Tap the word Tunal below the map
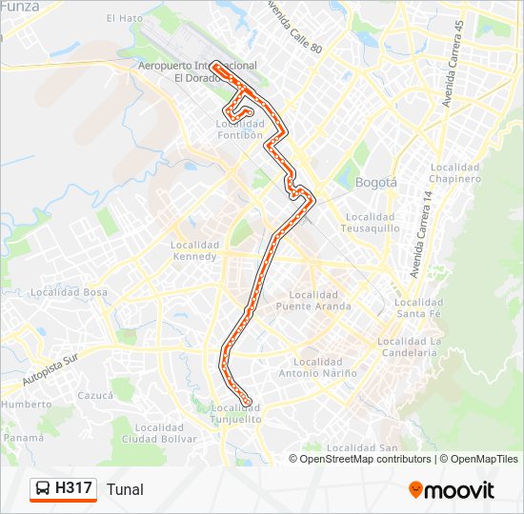click(125, 489)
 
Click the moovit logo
click(452, 490)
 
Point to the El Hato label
click(125, 18)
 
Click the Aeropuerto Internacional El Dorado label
click(197, 71)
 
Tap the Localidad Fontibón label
click(239, 129)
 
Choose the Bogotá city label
click(374, 182)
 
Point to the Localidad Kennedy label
click(195, 250)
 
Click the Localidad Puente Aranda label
click(313, 301)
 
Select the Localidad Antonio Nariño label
click(318, 367)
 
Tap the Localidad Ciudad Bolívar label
click(159, 434)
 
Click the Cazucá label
click(96, 394)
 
